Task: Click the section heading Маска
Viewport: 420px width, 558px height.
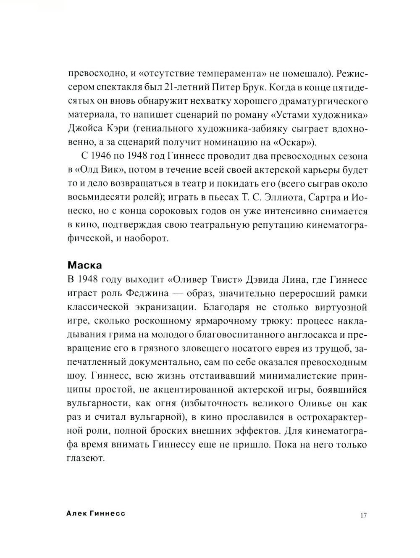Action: (x=84, y=266)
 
